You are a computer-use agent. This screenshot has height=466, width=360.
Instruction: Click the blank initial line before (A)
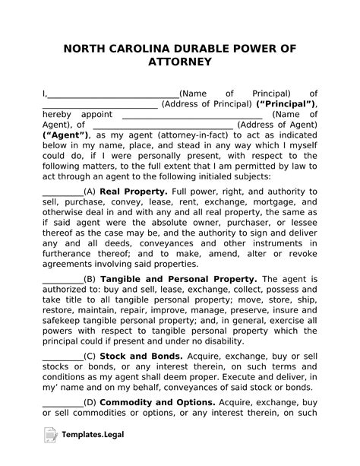62,192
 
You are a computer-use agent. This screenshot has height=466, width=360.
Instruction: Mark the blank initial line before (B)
62,280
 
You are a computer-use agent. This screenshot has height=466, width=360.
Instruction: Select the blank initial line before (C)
62,356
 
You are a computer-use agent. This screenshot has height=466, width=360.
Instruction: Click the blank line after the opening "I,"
113,93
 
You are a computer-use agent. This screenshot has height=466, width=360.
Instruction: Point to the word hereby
57,114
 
